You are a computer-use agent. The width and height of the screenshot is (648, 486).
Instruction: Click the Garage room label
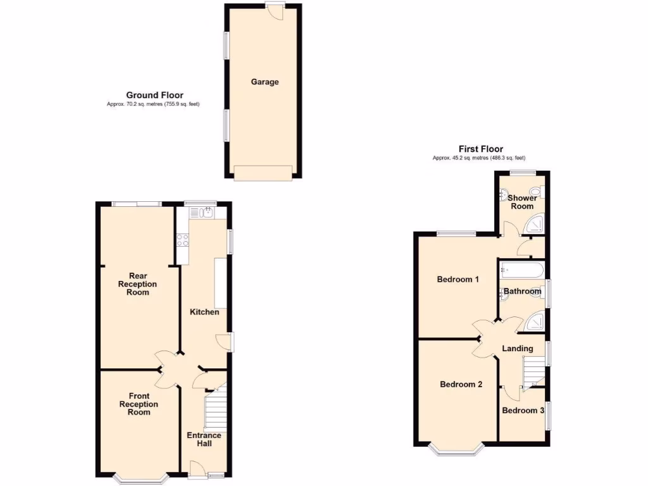pos(265,82)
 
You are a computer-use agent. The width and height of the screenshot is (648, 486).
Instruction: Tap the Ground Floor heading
pos(154,96)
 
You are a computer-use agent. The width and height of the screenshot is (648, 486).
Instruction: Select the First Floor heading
pos(480,149)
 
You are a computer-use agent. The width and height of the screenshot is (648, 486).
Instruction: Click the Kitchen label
pos(205,312)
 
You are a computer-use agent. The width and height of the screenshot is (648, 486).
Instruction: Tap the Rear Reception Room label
pos(138,284)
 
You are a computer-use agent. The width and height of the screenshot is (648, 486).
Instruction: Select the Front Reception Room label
pos(139,404)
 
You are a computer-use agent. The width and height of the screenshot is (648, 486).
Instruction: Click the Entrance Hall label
pos(204,439)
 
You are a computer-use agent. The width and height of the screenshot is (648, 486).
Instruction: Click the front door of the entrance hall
pos(197,470)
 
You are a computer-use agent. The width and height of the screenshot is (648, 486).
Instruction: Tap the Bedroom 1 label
pos(458,279)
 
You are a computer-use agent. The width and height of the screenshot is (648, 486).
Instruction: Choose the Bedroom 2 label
pos(461,384)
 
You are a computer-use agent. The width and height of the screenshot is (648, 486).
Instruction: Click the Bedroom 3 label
pos(523,411)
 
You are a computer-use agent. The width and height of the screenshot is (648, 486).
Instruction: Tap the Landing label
pos(517,349)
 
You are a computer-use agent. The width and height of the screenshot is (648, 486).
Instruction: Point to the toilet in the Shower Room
pos(537,192)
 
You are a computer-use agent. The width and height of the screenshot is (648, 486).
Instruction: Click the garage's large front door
pos(263,172)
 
